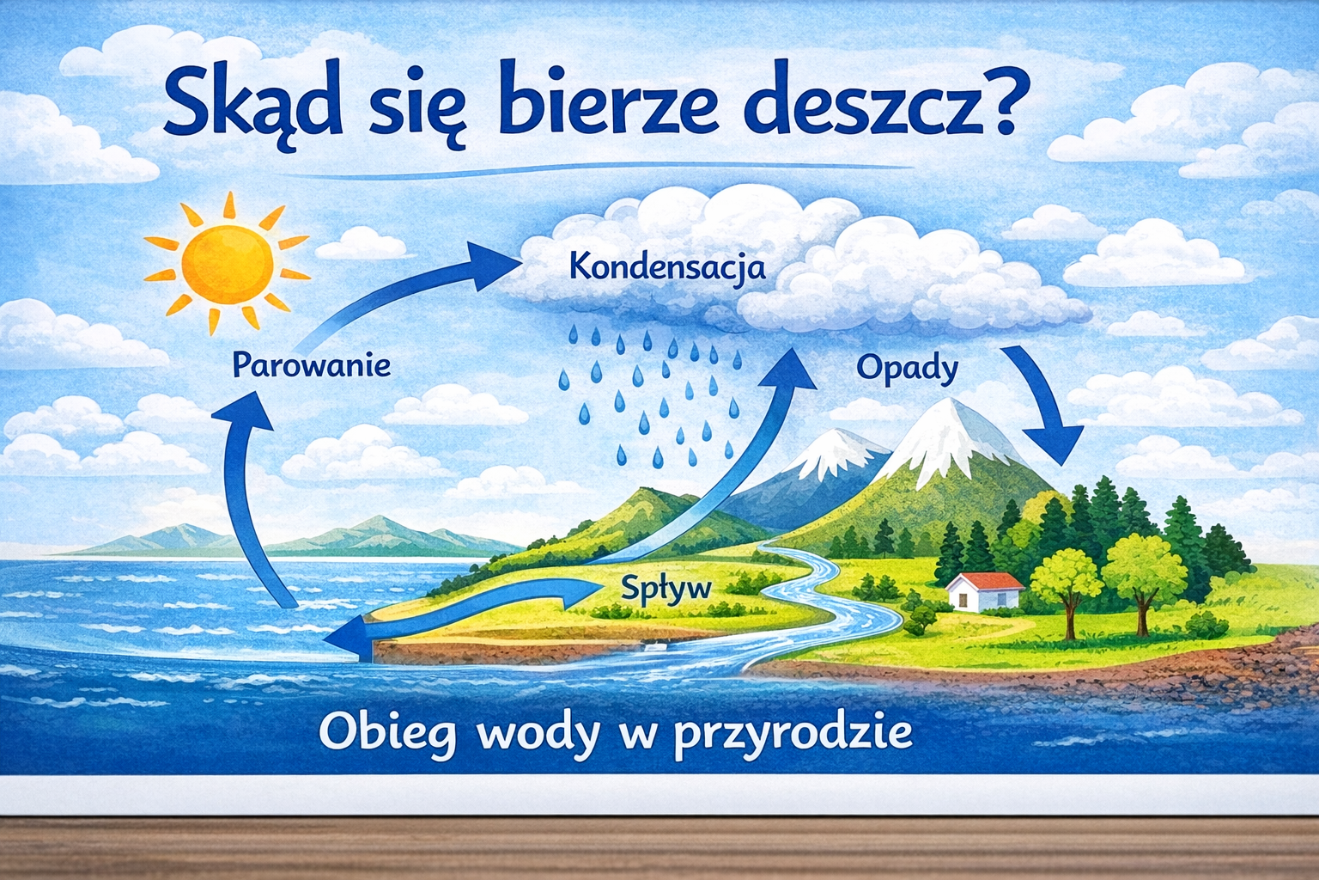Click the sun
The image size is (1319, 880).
tap(228, 265)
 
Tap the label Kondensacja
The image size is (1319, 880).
tap(668, 268)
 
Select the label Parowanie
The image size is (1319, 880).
tap(312, 364)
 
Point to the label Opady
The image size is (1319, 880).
tap(908, 370)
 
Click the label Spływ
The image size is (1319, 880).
tap(666, 588)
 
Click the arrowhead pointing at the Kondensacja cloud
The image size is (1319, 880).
tap(494, 266)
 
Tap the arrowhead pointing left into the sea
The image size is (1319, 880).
tap(348, 639)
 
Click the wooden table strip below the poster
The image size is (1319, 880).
tap(659, 849)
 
